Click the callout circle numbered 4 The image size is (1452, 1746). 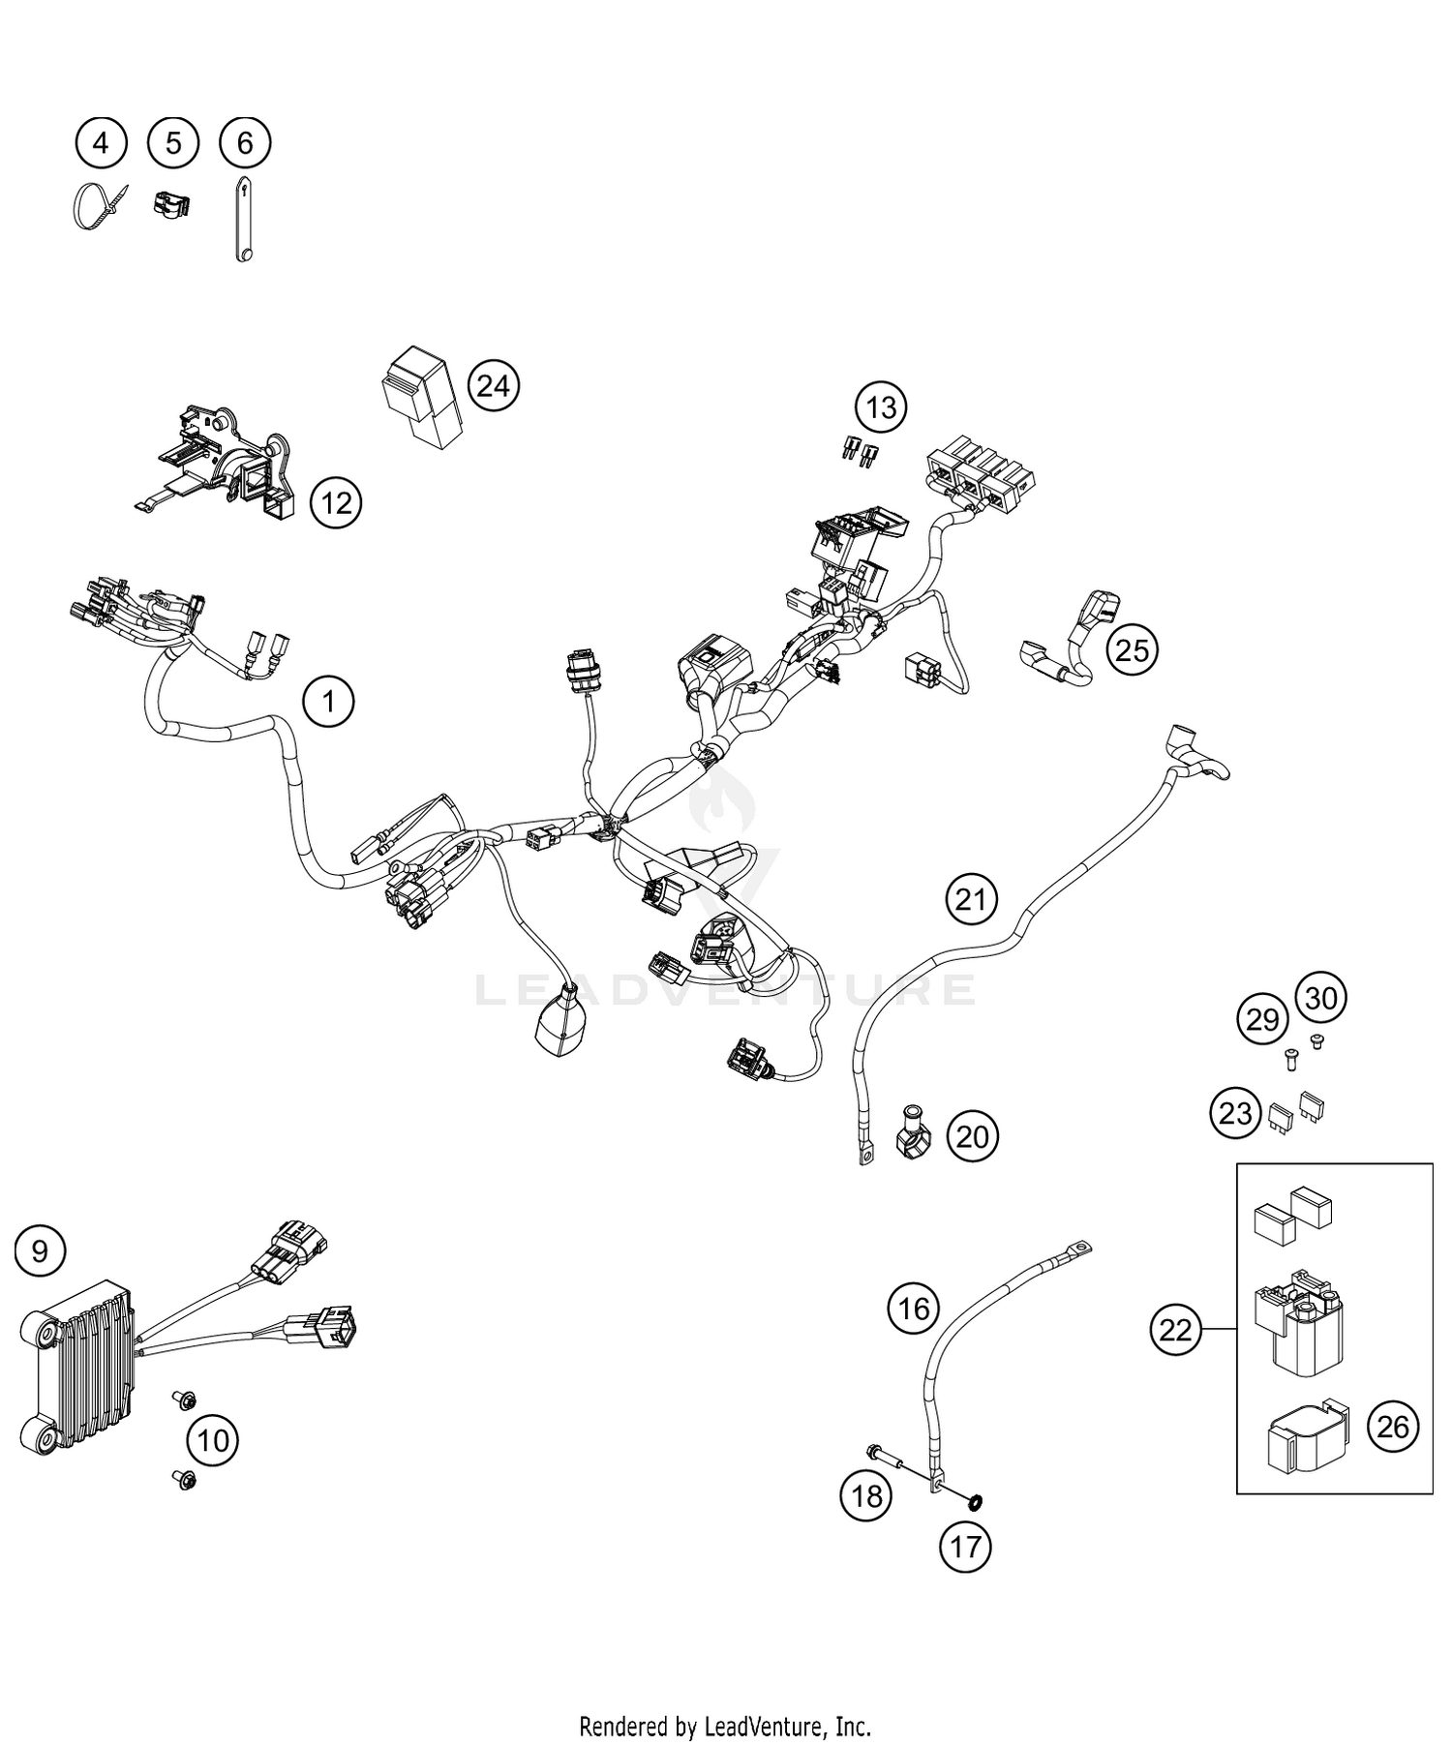pyautogui.click(x=101, y=144)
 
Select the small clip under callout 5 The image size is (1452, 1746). pyautogui.click(x=171, y=204)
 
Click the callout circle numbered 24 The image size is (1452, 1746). pyautogui.click(x=494, y=386)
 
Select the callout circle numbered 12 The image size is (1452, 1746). pyautogui.click(x=336, y=503)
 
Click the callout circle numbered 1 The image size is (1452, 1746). pyautogui.click(x=329, y=701)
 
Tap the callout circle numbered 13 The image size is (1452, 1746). pyautogui.click(x=881, y=407)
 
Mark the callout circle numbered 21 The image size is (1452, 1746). pyautogui.click(x=971, y=900)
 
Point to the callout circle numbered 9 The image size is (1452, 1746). pyautogui.click(x=40, y=1251)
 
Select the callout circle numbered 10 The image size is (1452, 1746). pyautogui.click(x=213, y=1440)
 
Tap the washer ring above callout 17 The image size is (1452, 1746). pyautogui.click(x=975, y=1501)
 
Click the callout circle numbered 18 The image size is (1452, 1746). pyautogui.click(x=866, y=1496)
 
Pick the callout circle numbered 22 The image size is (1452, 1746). pyautogui.click(x=1175, y=1331)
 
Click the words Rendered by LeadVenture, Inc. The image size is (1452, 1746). pyautogui.click(x=725, y=1726)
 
